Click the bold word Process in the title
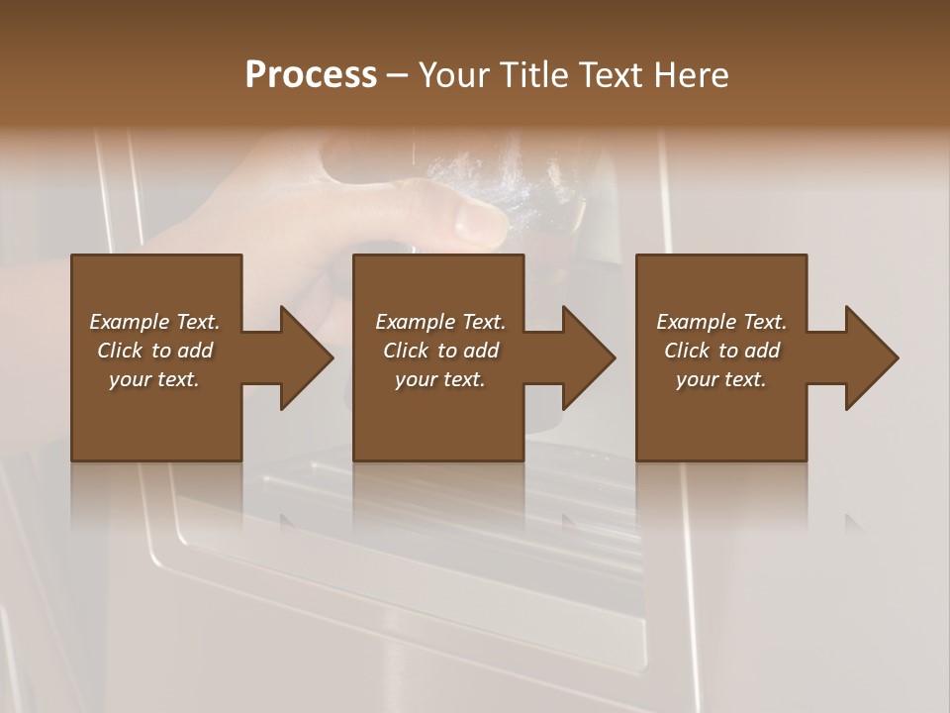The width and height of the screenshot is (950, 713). point(311,75)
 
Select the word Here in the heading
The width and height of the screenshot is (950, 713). point(692,75)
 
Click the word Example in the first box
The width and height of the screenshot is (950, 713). point(129,322)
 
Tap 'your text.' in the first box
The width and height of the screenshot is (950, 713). point(154,379)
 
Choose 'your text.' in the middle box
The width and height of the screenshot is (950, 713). point(439,379)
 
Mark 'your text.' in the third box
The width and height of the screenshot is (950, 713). point(721,379)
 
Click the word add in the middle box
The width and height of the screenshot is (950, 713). point(480,351)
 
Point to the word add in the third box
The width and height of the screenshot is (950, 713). point(761,351)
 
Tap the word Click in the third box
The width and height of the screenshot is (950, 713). point(687,351)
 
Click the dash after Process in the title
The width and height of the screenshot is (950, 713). point(397,76)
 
